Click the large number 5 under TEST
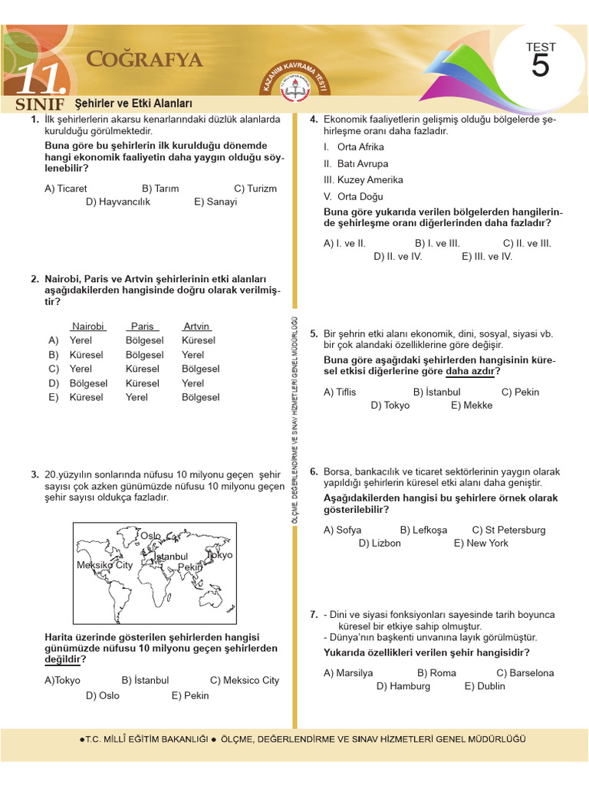(540, 67)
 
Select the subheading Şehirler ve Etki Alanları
(133, 103)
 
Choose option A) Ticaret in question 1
(66, 189)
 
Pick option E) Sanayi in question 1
(216, 202)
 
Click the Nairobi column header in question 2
(87, 327)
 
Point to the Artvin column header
(196, 327)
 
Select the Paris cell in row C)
(142, 369)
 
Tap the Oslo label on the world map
(150, 535)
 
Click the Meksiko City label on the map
(104, 565)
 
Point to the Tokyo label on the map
(219, 555)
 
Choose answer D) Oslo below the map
(103, 696)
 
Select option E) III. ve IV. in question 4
(487, 257)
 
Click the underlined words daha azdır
(472, 372)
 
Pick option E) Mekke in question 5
(472, 406)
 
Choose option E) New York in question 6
(481, 543)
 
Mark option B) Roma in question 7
(436, 673)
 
